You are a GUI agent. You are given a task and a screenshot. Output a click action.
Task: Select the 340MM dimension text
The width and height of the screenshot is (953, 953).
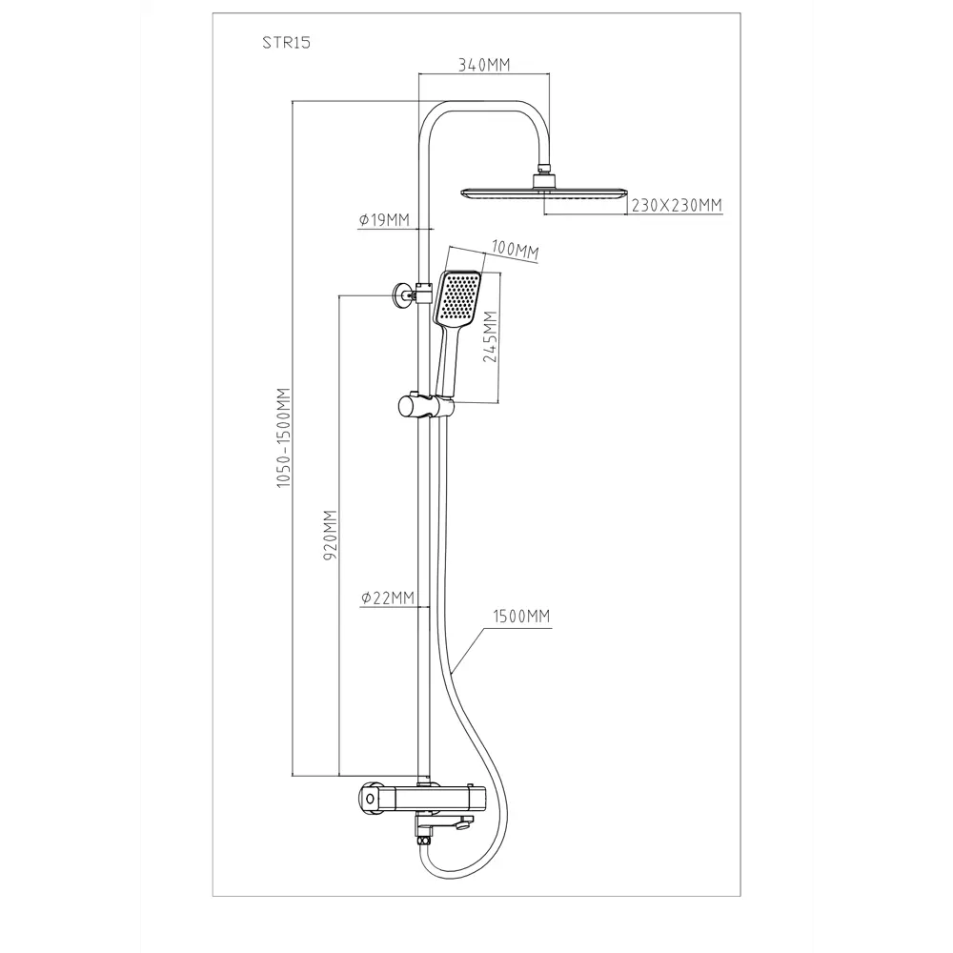click(x=485, y=65)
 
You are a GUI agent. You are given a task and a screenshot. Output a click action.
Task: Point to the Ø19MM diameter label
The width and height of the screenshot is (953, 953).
click(x=384, y=221)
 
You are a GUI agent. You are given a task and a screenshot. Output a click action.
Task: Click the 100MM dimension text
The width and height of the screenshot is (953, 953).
click(x=515, y=252)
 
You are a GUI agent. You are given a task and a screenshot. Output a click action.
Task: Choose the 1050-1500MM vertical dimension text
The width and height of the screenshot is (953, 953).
click(x=282, y=438)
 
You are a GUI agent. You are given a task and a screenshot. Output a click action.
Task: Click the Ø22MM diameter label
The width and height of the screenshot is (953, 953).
click(x=387, y=598)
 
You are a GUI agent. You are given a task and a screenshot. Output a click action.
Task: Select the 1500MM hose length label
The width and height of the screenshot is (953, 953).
click(x=521, y=617)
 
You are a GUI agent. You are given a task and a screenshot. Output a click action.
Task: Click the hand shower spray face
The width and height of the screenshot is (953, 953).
click(x=459, y=296)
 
